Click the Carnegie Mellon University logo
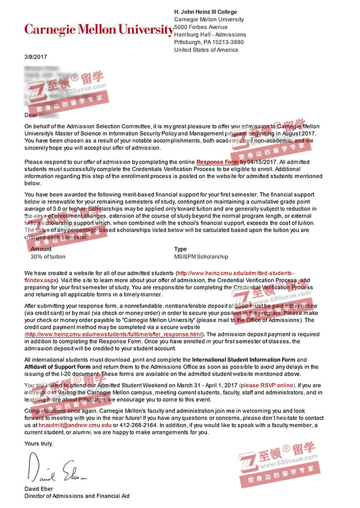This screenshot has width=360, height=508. pyautogui.click(x=99, y=29)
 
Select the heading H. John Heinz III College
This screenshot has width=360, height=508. pyautogui.click(x=205, y=12)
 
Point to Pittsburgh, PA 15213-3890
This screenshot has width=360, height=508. pyautogui.click(x=209, y=42)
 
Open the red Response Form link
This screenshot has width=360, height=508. pyautogui.click(x=217, y=162)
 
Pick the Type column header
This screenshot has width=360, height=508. pyautogui.click(x=181, y=249)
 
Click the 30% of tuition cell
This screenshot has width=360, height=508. pyautogui.click(x=48, y=257)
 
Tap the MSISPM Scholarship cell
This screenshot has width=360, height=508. pyautogui.click(x=201, y=257)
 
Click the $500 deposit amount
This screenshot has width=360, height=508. pyautogui.click(x=241, y=305)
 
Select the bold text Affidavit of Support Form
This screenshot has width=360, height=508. pyautogui.click(x=58, y=367)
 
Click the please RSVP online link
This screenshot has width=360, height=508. pyautogui.click(x=267, y=385)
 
